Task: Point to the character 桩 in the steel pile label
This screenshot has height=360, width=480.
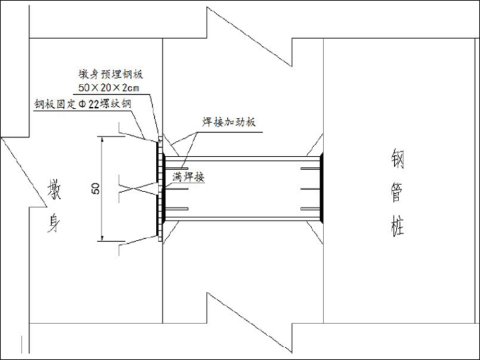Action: coord(397,225)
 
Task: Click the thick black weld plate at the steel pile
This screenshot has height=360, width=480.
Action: coord(322,188)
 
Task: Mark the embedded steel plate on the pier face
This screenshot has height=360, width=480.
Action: coord(159,188)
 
